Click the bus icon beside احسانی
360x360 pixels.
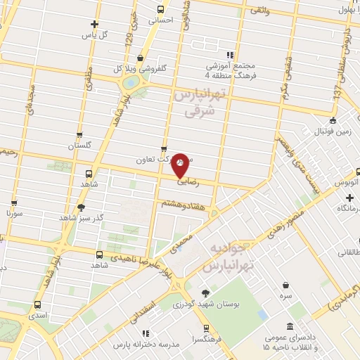pyautogui.click(x=161, y=10)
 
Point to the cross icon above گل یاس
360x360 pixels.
pyautogui.click(x=95, y=24)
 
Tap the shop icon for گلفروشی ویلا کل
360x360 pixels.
pyautogui.click(x=142, y=58)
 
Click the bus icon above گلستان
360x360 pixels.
pyautogui.click(x=79, y=135)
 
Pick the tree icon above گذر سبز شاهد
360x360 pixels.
pyautogui.click(x=82, y=207)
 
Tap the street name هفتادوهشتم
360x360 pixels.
pyautogui.click(x=184, y=203)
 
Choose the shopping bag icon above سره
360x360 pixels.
pyautogui.click(x=287, y=285)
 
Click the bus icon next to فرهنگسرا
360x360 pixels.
pyautogui.click(x=205, y=328)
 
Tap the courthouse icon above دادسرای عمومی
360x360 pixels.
pyautogui.click(x=290, y=326)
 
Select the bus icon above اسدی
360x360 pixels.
pyautogui.click(x=37, y=306)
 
